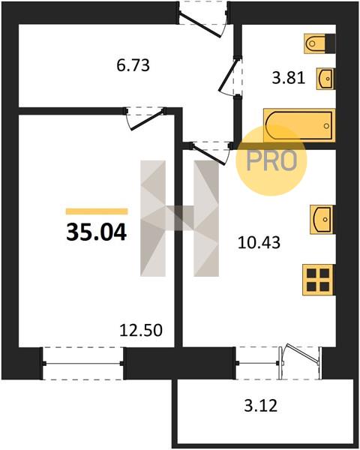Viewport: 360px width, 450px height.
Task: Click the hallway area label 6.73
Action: coord(133,65)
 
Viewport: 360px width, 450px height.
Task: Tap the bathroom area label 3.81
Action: coord(288,78)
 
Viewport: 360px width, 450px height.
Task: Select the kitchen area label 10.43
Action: coord(259,243)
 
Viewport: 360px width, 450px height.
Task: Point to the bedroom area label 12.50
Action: coord(141,330)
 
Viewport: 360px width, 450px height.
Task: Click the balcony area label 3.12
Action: coord(261,406)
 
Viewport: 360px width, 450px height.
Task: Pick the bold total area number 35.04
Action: coord(97,232)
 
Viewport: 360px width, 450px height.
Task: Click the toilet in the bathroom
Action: coord(319,43)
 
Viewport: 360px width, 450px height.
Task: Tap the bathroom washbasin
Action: coord(325,78)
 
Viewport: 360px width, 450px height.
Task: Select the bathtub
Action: coord(299,125)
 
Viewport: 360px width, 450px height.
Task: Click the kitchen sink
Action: coord(322,219)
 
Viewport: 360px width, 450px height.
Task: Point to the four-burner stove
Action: coord(318,280)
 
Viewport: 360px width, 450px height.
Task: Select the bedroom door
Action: coord(146,118)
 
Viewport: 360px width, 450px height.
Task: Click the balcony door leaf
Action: coord(301,353)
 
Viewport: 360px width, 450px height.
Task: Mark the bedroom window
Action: coord(83,363)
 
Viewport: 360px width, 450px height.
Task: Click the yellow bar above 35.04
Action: coord(97,211)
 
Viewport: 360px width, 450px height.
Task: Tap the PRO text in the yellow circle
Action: coord(271,160)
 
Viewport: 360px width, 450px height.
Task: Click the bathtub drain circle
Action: coord(326,126)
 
